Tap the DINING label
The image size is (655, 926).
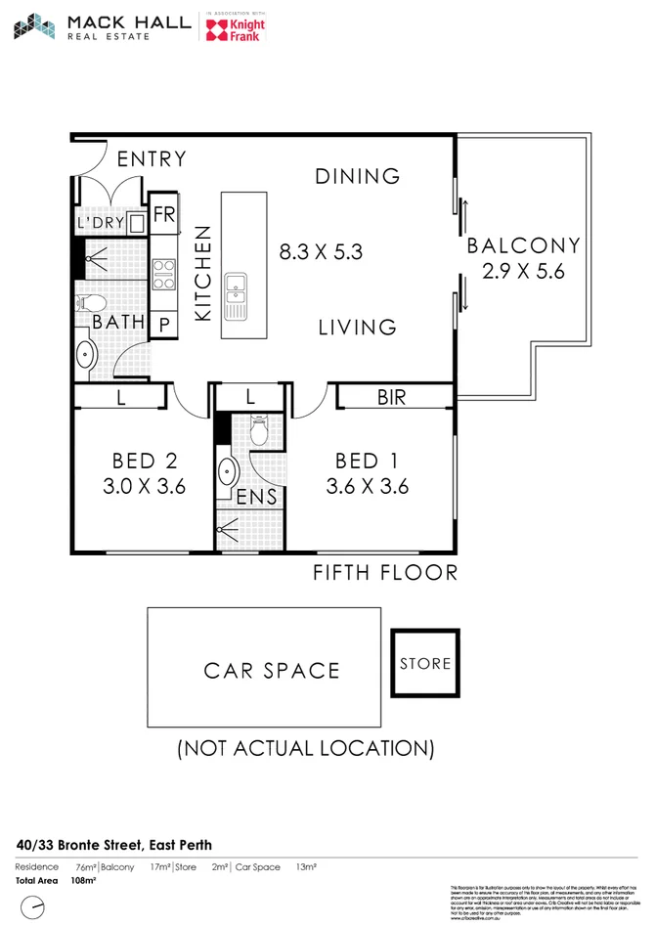(x=357, y=176)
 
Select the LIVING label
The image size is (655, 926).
(x=357, y=328)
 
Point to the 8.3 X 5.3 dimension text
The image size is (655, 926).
(x=321, y=251)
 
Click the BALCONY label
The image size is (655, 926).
(x=523, y=245)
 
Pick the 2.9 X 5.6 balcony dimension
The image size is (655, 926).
(x=523, y=272)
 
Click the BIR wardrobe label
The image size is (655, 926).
(x=390, y=398)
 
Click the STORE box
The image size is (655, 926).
(x=425, y=663)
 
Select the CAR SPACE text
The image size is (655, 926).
(x=272, y=671)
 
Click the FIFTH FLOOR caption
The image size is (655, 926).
(x=384, y=572)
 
